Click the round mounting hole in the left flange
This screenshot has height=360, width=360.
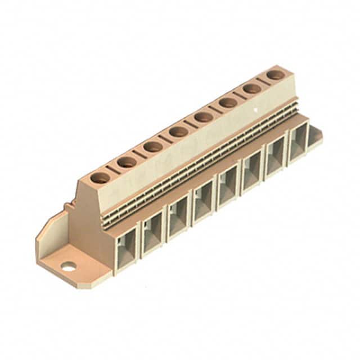[x=69, y=267]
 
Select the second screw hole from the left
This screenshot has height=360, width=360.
[x=127, y=162]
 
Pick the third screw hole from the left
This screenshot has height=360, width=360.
[x=153, y=147]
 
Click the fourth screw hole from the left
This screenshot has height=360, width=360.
[x=178, y=132]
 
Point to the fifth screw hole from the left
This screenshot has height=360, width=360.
[x=203, y=117]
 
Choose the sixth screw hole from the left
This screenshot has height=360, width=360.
[x=228, y=102]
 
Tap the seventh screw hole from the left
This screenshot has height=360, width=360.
[x=252, y=88]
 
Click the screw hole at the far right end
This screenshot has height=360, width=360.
[x=274, y=74]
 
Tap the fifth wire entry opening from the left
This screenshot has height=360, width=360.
[x=227, y=188]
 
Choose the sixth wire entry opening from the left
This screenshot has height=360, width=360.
[x=251, y=174]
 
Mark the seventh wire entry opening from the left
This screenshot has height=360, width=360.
[x=276, y=159]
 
